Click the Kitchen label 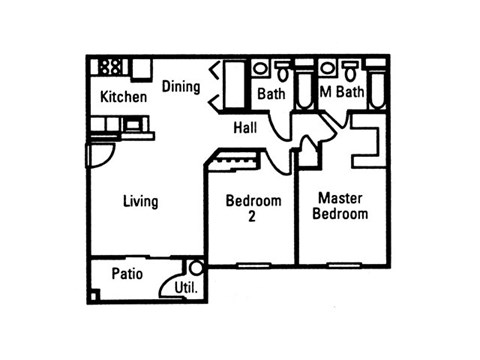tap(124, 97)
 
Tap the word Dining tap(181, 87)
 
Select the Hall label tap(246, 128)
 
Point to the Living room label tap(140, 202)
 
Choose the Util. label tap(186, 288)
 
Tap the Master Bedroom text tap(339, 206)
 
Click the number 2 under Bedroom tap(253, 215)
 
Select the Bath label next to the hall tap(271, 94)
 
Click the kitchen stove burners tap(111, 68)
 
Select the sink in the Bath tap(260, 68)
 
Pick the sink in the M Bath tap(327, 68)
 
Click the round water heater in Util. tap(196, 268)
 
